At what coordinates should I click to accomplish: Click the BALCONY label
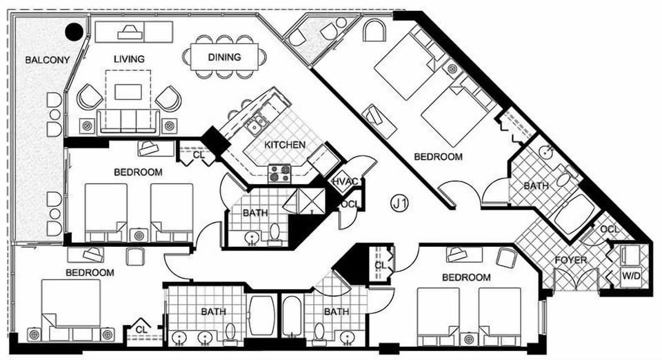[x=48, y=60]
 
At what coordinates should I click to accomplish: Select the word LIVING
[x=129, y=59]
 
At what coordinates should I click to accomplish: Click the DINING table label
[x=225, y=57]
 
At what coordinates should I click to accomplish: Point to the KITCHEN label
[x=285, y=145]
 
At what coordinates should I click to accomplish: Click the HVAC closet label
[x=345, y=182]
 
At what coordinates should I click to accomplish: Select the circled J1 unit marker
[x=399, y=204]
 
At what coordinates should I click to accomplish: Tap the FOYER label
[x=571, y=260]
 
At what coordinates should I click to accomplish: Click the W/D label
[x=631, y=277]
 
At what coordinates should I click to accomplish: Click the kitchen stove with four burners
[x=279, y=174]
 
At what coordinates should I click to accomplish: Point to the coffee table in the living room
[x=128, y=92]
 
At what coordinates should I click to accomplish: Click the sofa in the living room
[x=128, y=122]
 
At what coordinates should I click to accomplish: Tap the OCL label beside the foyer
[x=609, y=229]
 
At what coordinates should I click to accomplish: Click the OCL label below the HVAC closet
[x=350, y=205]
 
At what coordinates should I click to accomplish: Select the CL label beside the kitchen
[x=199, y=155]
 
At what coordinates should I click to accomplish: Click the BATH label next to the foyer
[x=536, y=186]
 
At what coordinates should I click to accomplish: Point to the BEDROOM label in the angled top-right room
[x=439, y=157]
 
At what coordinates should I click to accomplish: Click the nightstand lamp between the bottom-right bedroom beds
[x=469, y=339]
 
